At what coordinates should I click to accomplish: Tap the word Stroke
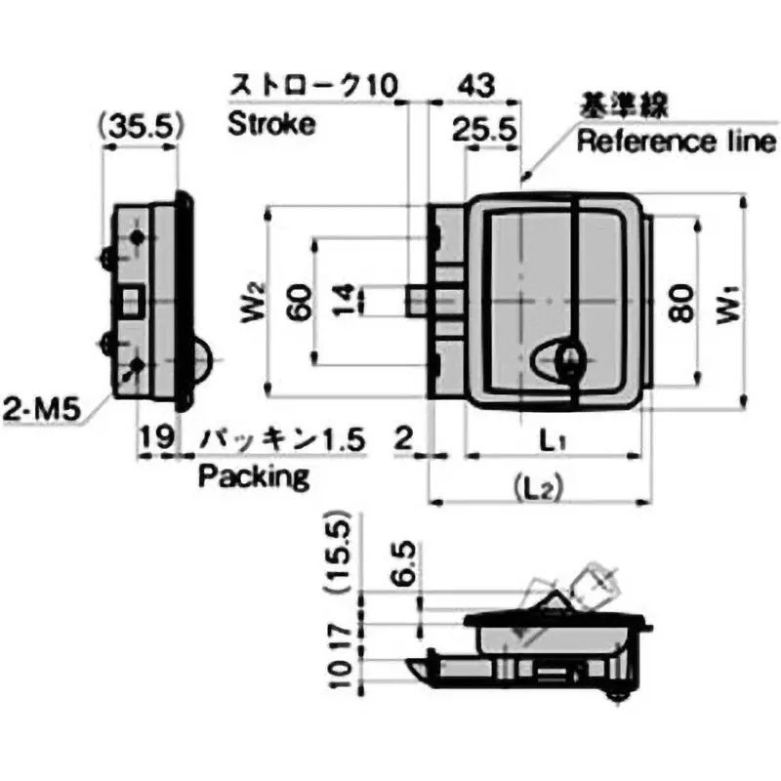coord(271,124)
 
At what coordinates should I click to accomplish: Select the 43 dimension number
coord(476,85)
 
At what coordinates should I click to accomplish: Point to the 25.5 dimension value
coord(484,130)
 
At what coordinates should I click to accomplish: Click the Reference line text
coord(677,141)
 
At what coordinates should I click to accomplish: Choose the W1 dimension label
coord(727,305)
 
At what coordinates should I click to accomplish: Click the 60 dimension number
coord(300,303)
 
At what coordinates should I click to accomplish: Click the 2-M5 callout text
coord(41,410)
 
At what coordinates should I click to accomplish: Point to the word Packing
coord(254,476)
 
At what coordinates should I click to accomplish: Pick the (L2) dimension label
coord(539,488)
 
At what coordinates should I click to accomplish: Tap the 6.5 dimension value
coord(405,562)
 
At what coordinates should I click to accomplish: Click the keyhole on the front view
coord(569,359)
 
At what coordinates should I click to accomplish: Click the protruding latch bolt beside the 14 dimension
coord(416,302)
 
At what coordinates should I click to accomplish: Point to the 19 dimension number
coord(156,437)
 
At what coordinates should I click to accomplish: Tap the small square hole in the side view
coord(133,302)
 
